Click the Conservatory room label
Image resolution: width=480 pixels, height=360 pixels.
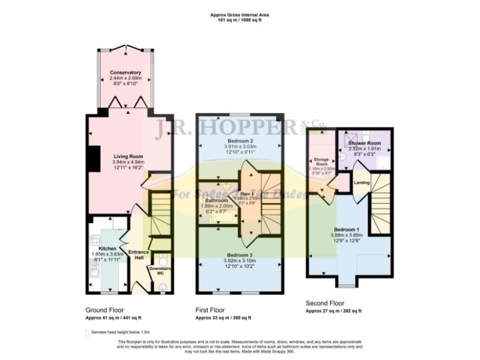tap(126, 73)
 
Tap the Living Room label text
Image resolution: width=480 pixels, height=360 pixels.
tap(128, 156)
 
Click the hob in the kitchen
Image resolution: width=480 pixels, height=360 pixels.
tap(96, 239)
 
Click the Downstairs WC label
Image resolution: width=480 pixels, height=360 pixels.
tap(160, 269)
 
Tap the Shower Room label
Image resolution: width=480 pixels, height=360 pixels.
tap(364, 143)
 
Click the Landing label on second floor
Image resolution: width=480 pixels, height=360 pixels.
tap(361, 182)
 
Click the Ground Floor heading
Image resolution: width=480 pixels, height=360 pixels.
tap(104, 309)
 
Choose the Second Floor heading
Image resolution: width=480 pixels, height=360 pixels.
tap(326, 303)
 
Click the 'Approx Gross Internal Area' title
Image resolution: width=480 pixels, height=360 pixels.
tap(240, 14)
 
